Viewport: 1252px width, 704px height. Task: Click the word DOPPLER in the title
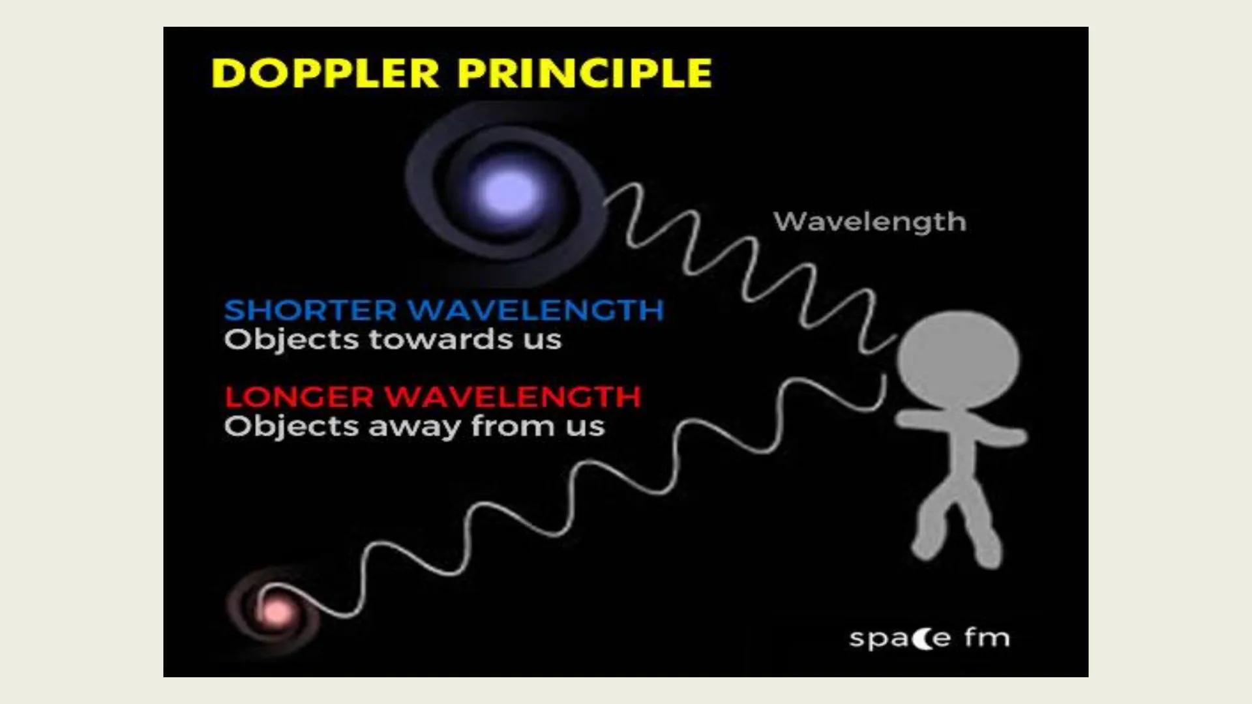[325, 72]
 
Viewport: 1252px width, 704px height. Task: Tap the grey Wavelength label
[869, 222]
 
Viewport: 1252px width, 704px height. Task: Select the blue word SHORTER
[310, 310]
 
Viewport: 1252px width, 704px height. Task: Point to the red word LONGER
[299, 397]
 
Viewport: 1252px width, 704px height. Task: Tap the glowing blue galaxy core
[509, 192]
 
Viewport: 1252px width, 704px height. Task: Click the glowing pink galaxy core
[275, 611]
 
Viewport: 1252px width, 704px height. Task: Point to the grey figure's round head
[957, 359]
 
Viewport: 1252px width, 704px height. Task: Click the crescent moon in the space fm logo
[923, 638]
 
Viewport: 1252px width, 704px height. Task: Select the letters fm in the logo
[987, 637]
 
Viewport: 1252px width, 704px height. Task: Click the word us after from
[584, 428]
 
